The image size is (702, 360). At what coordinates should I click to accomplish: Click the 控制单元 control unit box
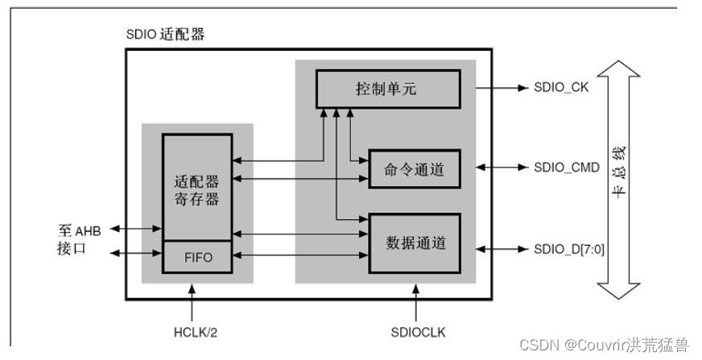point(387,89)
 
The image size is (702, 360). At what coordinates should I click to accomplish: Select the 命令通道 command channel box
point(415,168)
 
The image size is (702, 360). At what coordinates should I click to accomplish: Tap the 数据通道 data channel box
point(415,242)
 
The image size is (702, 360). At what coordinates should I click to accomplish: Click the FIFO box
point(197,257)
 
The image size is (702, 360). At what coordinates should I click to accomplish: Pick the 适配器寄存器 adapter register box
point(197,190)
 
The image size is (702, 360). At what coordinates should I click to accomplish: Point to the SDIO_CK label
point(561,88)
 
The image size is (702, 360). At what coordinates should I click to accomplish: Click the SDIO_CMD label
point(567,168)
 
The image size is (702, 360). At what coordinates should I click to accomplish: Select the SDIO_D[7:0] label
point(569,249)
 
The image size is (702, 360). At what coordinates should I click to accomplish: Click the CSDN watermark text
point(604,345)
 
